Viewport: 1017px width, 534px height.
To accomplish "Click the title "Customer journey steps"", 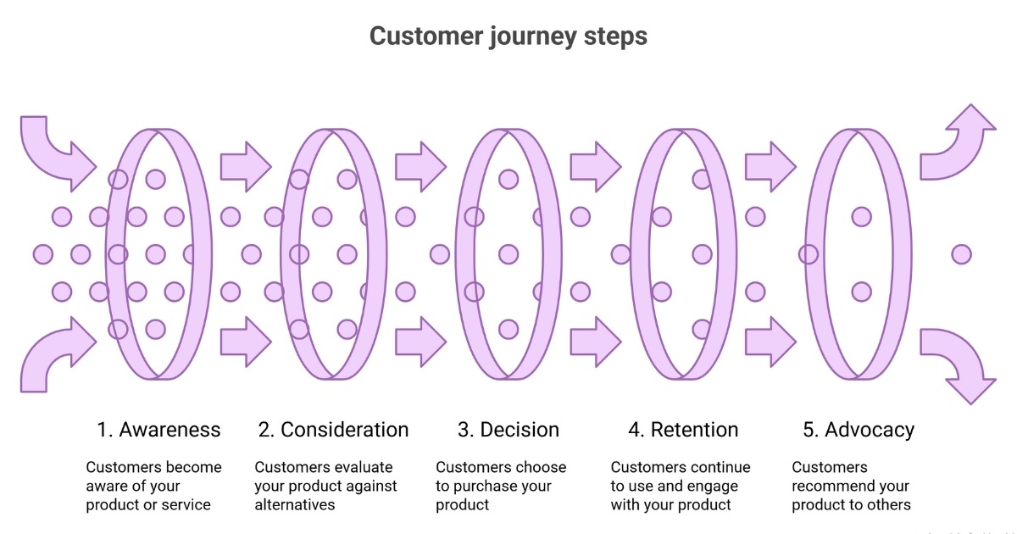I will click(x=508, y=37).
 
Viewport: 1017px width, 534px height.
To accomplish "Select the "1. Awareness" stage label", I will click(x=158, y=430).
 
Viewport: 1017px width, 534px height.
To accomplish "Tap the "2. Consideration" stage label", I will click(x=333, y=430).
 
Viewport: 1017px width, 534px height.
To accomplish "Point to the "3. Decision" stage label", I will click(x=508, y=430).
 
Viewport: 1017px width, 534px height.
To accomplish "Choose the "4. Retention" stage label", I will click(x=683, y=430).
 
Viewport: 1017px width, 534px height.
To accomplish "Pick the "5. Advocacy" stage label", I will click(x=859, y=430).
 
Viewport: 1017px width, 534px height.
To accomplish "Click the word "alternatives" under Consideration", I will click(x=295, y=505).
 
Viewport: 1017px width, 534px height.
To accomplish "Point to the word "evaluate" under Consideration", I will click(x=367, y=468).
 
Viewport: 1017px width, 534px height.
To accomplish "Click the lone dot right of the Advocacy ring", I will click(x=960, y=253).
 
